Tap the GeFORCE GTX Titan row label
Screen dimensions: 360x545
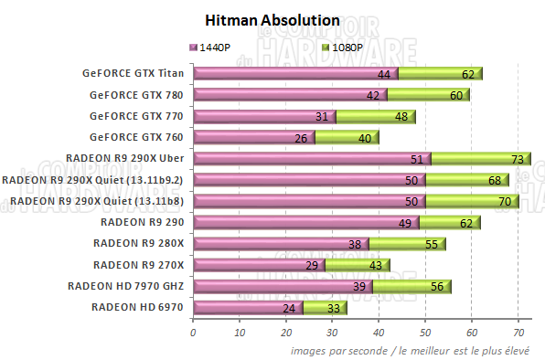point(132,74)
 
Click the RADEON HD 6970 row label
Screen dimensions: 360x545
point(137,307)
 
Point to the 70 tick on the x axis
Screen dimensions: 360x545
point(518,334)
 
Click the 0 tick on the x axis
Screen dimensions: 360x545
point(193,334)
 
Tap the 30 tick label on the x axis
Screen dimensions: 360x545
point(332,334)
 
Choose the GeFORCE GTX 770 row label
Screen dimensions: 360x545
point(136,116)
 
